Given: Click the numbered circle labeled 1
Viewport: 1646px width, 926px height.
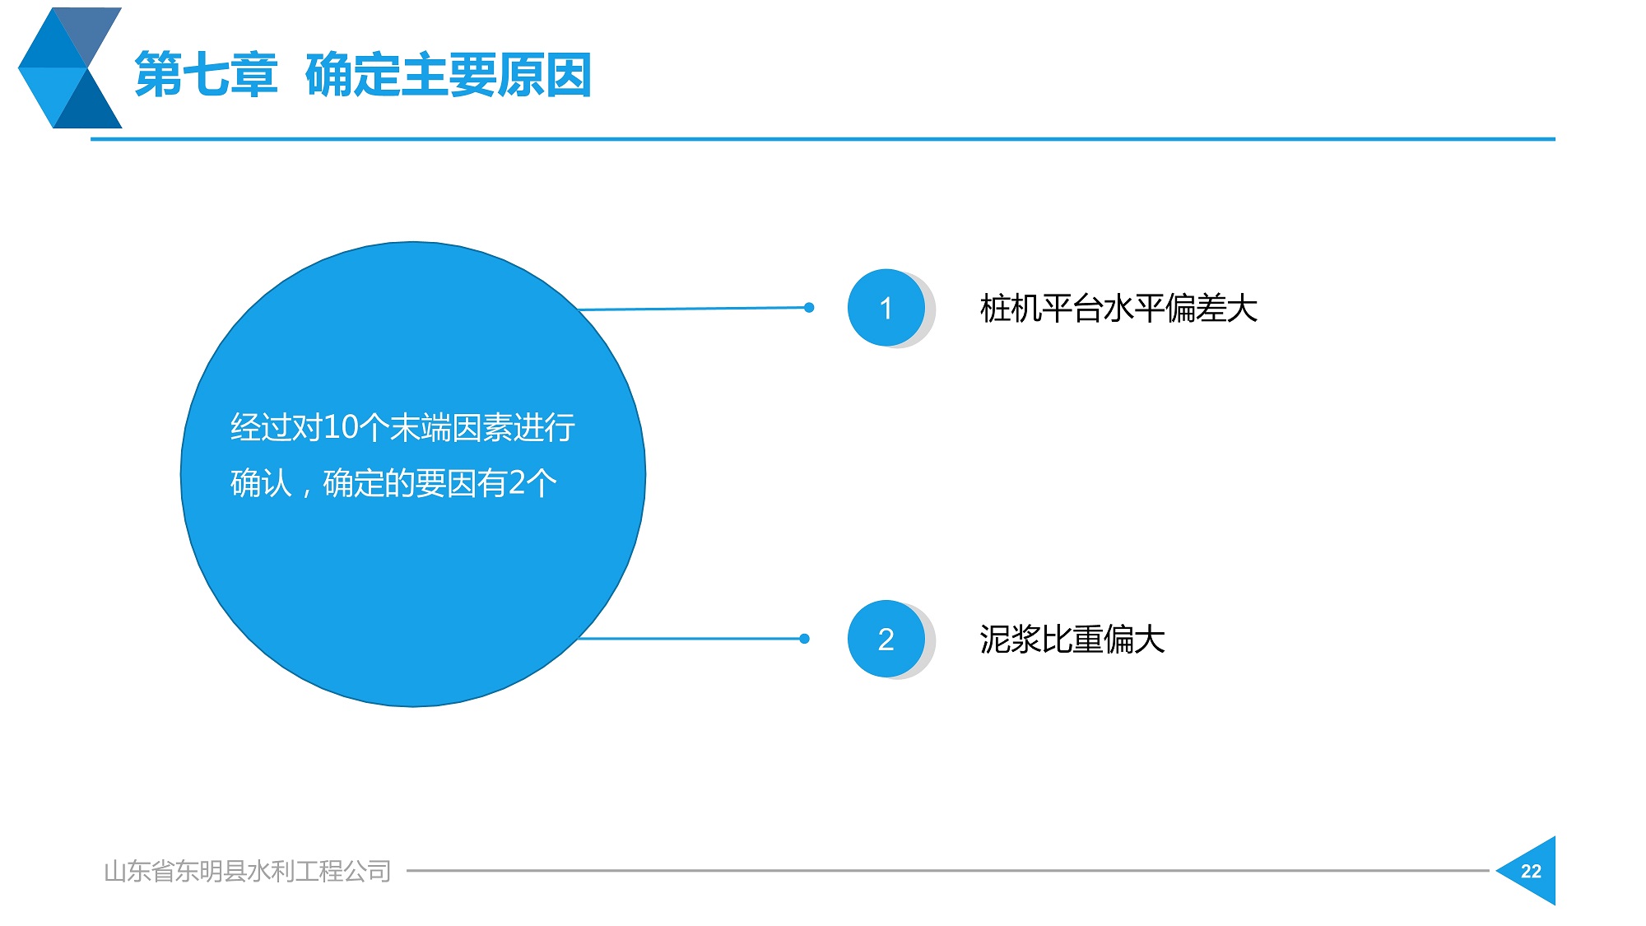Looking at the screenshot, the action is pos(886,308).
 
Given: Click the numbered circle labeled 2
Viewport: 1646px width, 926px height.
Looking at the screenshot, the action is pos(886,639).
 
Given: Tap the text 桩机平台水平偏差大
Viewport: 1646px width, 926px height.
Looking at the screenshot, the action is pos(1118,309).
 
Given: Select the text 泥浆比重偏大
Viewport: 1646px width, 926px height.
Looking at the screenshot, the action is pos(1072,640).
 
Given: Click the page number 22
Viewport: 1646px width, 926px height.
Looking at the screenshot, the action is pos(1531,872).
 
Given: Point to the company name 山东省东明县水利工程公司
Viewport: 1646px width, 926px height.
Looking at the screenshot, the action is pos(248,871).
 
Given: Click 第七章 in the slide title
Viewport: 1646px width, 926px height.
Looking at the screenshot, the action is pos(206,75).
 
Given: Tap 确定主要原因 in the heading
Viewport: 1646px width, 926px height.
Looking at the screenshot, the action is pos(449,75).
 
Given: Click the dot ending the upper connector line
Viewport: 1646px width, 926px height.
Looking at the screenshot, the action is pos(809,308).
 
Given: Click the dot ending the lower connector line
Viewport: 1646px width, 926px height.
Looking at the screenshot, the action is pos(804,639).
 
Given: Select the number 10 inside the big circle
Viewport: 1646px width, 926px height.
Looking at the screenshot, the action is pos(341,427).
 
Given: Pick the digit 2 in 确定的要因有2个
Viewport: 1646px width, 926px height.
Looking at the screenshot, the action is pos(517,483).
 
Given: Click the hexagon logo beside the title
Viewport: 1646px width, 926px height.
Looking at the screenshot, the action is pos(70,68).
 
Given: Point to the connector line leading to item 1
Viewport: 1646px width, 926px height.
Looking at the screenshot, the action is pos(694,309).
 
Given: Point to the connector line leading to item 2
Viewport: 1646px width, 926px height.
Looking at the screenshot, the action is pos(691,639).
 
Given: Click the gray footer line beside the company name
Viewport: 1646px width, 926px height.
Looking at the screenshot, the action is pos(948,870).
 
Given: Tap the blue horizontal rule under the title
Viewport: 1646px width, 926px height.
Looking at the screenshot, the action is pos(823,139).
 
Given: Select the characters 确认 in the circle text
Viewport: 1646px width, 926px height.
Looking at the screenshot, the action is pos(261,483).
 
